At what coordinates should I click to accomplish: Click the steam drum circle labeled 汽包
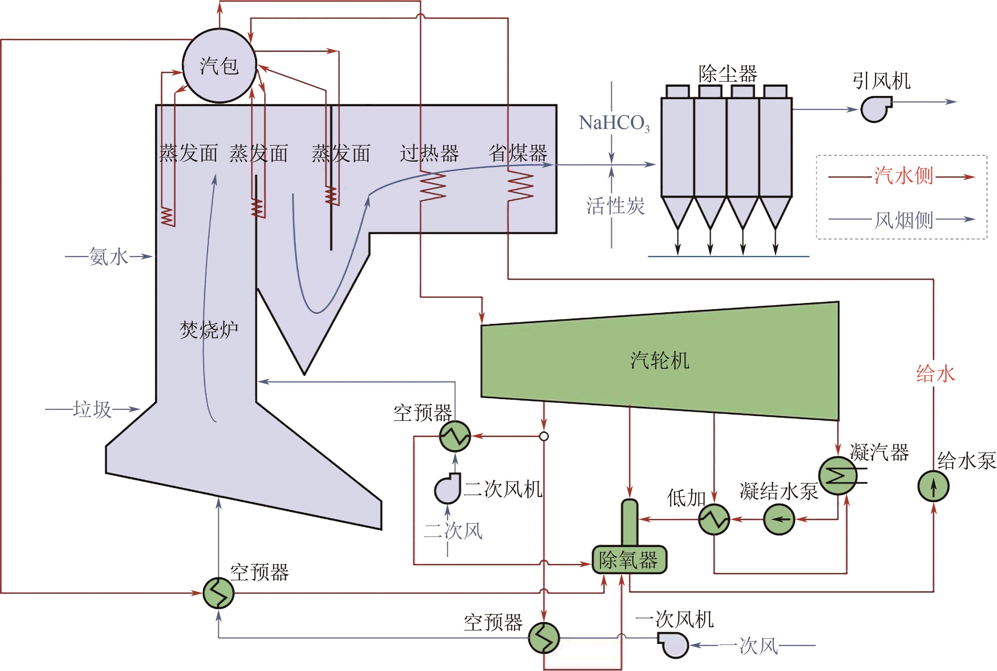click(x=219, y=66)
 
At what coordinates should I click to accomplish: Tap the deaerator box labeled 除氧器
click(x=629, y=560)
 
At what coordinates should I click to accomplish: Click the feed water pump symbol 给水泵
click(x=933, y=486)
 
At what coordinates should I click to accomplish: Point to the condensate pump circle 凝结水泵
click(x=779, y=520)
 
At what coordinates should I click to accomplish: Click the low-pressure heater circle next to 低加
click(x=714, y=519)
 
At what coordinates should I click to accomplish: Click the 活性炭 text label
click(x=615, y=206)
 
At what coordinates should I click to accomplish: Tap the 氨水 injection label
click(x=108, y=257)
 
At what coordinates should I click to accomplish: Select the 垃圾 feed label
click(x=92, y=410)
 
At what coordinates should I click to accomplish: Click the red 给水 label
click(x=935, y=374)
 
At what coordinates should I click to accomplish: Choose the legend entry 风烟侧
click(x=903, y=220)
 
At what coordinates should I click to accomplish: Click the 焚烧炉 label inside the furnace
click(x=208, y=330)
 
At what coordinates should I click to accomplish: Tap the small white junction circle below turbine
click(x=544, y=437)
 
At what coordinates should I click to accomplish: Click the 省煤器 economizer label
click(x=518, y=153)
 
